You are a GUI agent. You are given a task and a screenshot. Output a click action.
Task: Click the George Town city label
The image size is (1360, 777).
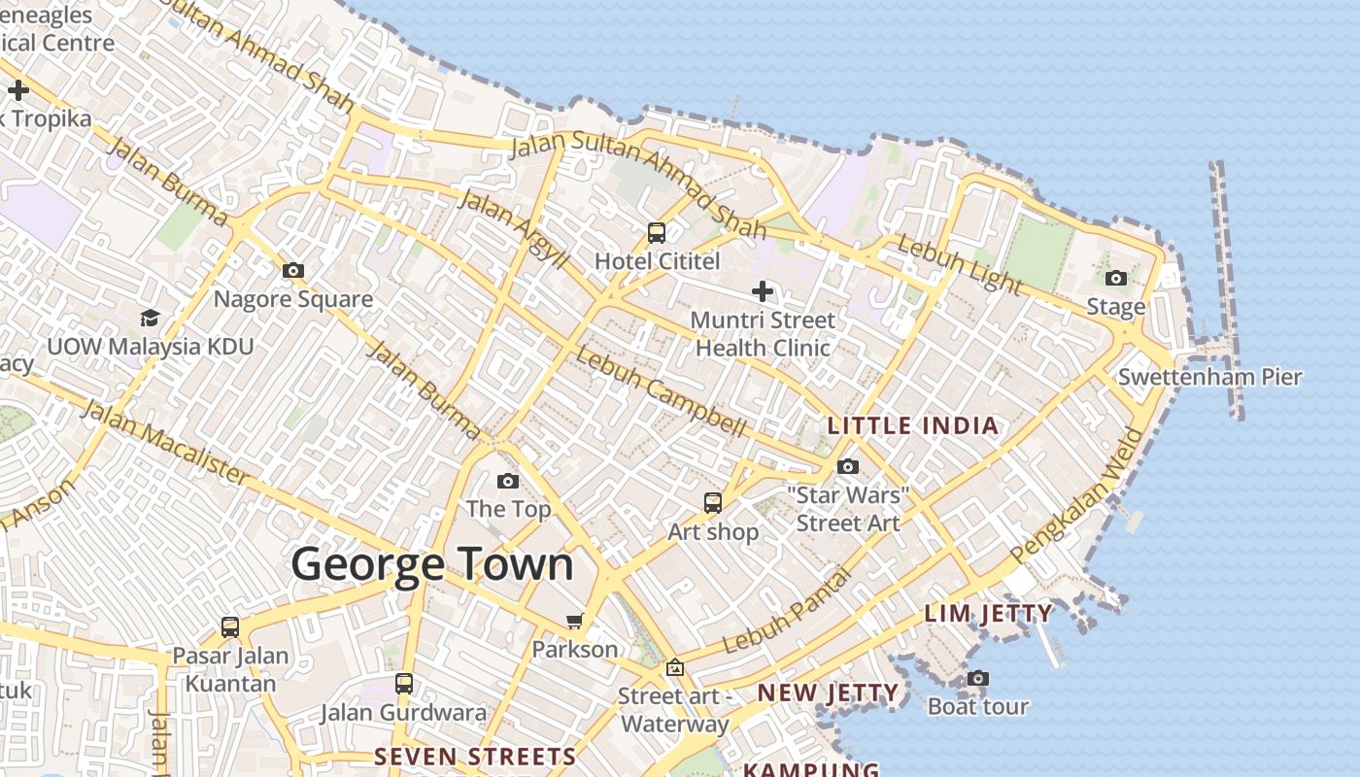[432, 564]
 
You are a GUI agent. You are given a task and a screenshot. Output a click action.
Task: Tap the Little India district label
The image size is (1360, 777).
[912, 425]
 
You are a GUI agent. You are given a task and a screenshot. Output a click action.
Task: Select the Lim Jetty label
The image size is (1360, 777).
[988, 614]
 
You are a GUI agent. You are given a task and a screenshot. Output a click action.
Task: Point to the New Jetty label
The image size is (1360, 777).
[828, 693]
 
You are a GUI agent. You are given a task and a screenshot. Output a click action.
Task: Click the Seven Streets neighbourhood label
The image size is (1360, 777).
[475, 757]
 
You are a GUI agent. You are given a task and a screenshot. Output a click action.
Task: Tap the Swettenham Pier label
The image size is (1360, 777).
[1209, 377]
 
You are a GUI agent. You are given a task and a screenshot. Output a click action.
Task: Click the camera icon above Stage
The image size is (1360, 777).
[1116, 279]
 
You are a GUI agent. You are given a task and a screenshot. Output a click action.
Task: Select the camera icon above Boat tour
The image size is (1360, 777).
[978, 678]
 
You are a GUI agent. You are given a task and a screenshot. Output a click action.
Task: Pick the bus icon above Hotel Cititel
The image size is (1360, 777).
[657, 233]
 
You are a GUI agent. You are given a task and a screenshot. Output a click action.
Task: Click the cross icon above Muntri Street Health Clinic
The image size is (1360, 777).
[763, 290]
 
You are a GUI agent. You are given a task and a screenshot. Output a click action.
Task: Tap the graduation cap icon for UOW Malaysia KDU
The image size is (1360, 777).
[150, 318]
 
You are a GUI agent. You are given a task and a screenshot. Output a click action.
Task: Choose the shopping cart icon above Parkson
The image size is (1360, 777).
[575, 621]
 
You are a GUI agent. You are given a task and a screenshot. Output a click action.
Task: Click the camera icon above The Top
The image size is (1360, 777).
[508, 481]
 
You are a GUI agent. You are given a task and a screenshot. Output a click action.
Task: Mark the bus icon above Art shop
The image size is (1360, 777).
[713, 503]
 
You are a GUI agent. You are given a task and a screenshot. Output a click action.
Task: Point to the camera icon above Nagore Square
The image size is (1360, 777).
[292, 271]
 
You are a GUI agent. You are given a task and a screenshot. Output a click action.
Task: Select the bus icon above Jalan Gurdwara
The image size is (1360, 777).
[404, 684]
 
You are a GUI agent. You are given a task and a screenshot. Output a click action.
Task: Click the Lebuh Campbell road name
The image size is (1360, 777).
[661, 391]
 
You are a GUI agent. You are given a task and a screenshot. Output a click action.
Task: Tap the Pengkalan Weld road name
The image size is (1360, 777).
[1077, 494]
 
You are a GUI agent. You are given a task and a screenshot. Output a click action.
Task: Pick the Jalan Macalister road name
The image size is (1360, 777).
[164, 441]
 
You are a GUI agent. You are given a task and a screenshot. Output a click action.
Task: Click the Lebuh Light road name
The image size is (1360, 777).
[958, 263]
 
